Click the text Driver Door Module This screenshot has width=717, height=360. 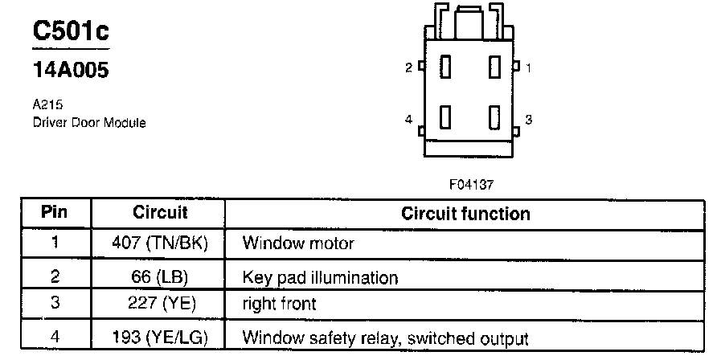[89, 123]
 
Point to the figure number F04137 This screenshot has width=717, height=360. [471, 184]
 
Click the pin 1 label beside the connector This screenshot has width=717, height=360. [528, 68]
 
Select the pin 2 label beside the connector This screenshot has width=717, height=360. [408, 68]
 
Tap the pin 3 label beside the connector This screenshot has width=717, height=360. [528, 120]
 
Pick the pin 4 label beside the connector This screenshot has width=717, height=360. [408, 120]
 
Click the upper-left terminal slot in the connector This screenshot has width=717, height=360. [443, 69]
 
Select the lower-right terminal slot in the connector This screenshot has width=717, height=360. [494, 119]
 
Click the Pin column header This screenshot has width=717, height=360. [55, 214]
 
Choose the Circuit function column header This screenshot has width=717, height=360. [465, 214]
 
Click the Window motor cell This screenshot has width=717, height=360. [297, 242]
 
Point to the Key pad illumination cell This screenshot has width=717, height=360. [320, 278]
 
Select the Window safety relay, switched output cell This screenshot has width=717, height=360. [385, 338]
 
